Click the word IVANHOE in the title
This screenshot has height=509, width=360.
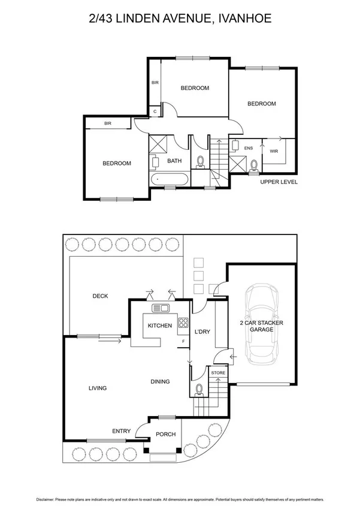246,19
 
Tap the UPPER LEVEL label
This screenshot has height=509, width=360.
279,182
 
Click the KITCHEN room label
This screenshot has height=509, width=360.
160,326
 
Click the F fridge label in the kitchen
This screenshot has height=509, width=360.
183,341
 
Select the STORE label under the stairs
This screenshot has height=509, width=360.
218,373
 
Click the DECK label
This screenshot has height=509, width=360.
100,296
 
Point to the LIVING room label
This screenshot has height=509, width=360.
97,388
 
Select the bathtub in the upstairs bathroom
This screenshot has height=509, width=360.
170,179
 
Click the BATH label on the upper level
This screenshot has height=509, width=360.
174,161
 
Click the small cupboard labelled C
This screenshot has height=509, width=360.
155,111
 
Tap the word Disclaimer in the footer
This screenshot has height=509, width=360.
47,498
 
